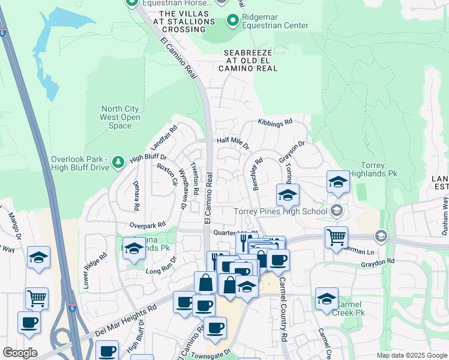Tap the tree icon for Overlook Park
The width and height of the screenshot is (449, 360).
click(118, 161)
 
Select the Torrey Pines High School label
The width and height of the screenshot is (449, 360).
click(281, 211)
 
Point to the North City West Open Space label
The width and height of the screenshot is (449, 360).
click(120, 118)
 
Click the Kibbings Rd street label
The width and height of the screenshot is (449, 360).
click(275, 122)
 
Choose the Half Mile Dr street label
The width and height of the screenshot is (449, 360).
click(232, 143)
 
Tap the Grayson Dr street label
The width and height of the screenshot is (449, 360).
click(292, 151)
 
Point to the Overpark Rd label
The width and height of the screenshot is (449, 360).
click(148, 224)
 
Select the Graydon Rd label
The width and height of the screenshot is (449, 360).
click(377, 262)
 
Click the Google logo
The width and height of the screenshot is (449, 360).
click(20, 352)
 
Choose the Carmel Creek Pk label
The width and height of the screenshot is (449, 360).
click(349, 309)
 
